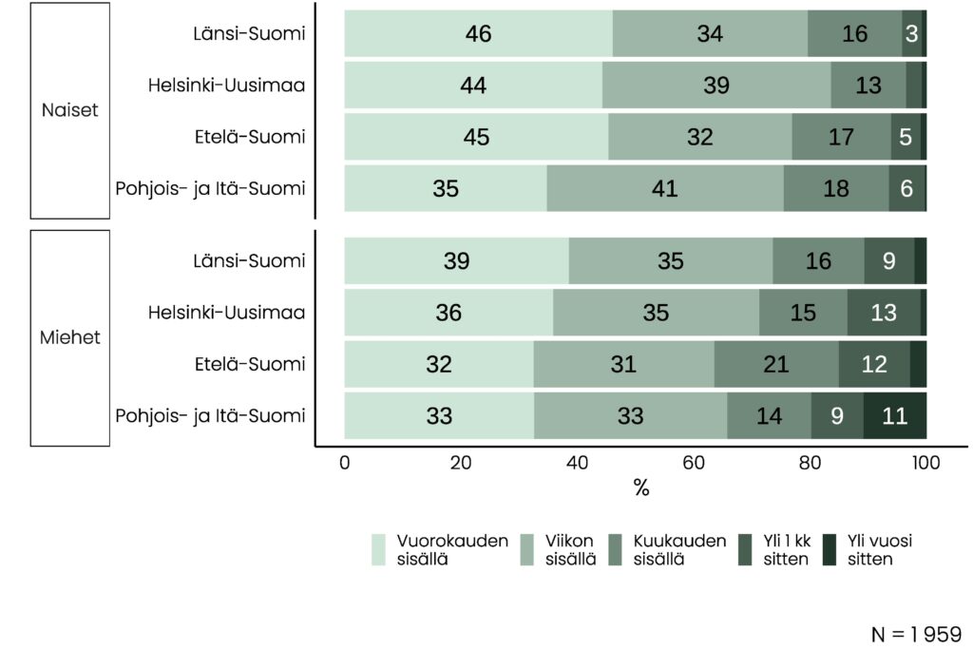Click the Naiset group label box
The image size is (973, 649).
pyautogui.click(x=69, y=110)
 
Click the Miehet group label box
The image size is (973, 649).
pyautogui.click(x=69, y=337)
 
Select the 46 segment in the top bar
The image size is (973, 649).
pyautogui.click(x=478, y=34)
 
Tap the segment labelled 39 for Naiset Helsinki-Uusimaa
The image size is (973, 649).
pyautogui.click(x=716, y=86)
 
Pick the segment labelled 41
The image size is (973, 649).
pyautogui.click(x=665, y=188)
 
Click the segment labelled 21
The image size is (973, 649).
pyautogui.click(x=776, y=364)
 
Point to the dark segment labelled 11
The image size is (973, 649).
pyautogui.click(x=894, y=416)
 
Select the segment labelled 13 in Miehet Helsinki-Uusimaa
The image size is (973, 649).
pyautogui.click(x=883, y=312)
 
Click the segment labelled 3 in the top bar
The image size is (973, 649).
pyautogui.click(x=911, y=34)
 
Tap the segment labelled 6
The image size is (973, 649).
pyautogui.click(x=906, y=188)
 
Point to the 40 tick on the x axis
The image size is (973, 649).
pyautogui.click(x=577, y=463)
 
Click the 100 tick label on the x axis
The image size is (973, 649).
pyautogui.click(x=925, y=463)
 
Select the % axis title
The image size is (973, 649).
pyautogui.click(x=641, y=488)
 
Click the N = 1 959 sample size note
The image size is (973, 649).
pyautogui.click(x=916, y=634)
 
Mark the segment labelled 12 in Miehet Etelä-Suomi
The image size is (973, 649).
pyautogui.click(x=874, y=364)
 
